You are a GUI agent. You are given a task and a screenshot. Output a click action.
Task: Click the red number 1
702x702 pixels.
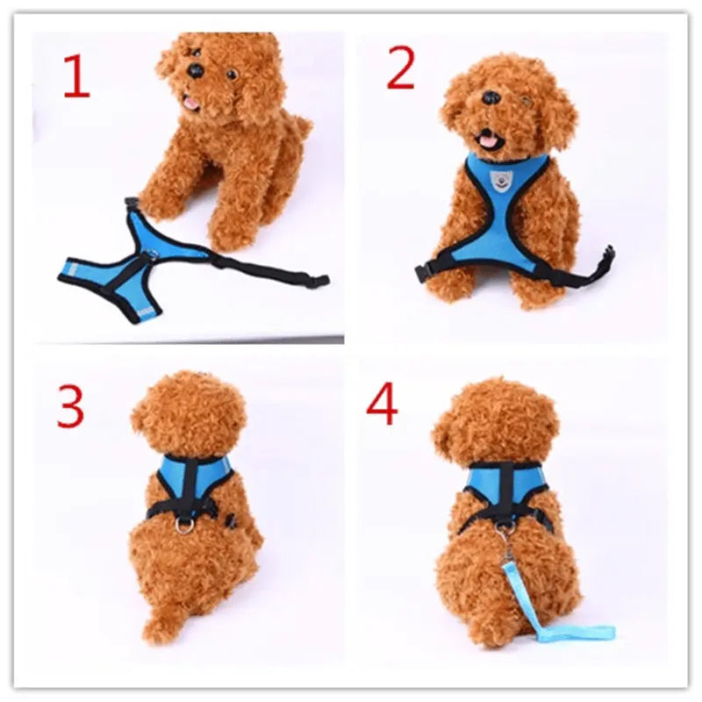point(76,76)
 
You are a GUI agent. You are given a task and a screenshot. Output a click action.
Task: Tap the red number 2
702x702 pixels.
point(400,69)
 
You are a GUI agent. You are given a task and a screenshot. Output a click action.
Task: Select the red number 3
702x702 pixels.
point(70,406)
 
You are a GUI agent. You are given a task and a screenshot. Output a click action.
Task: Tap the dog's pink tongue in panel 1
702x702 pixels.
point(189,104)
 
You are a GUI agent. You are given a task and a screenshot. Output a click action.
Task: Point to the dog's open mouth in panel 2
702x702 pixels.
point(485,139)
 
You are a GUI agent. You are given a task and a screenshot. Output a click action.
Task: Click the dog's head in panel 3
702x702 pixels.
point(189,412)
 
